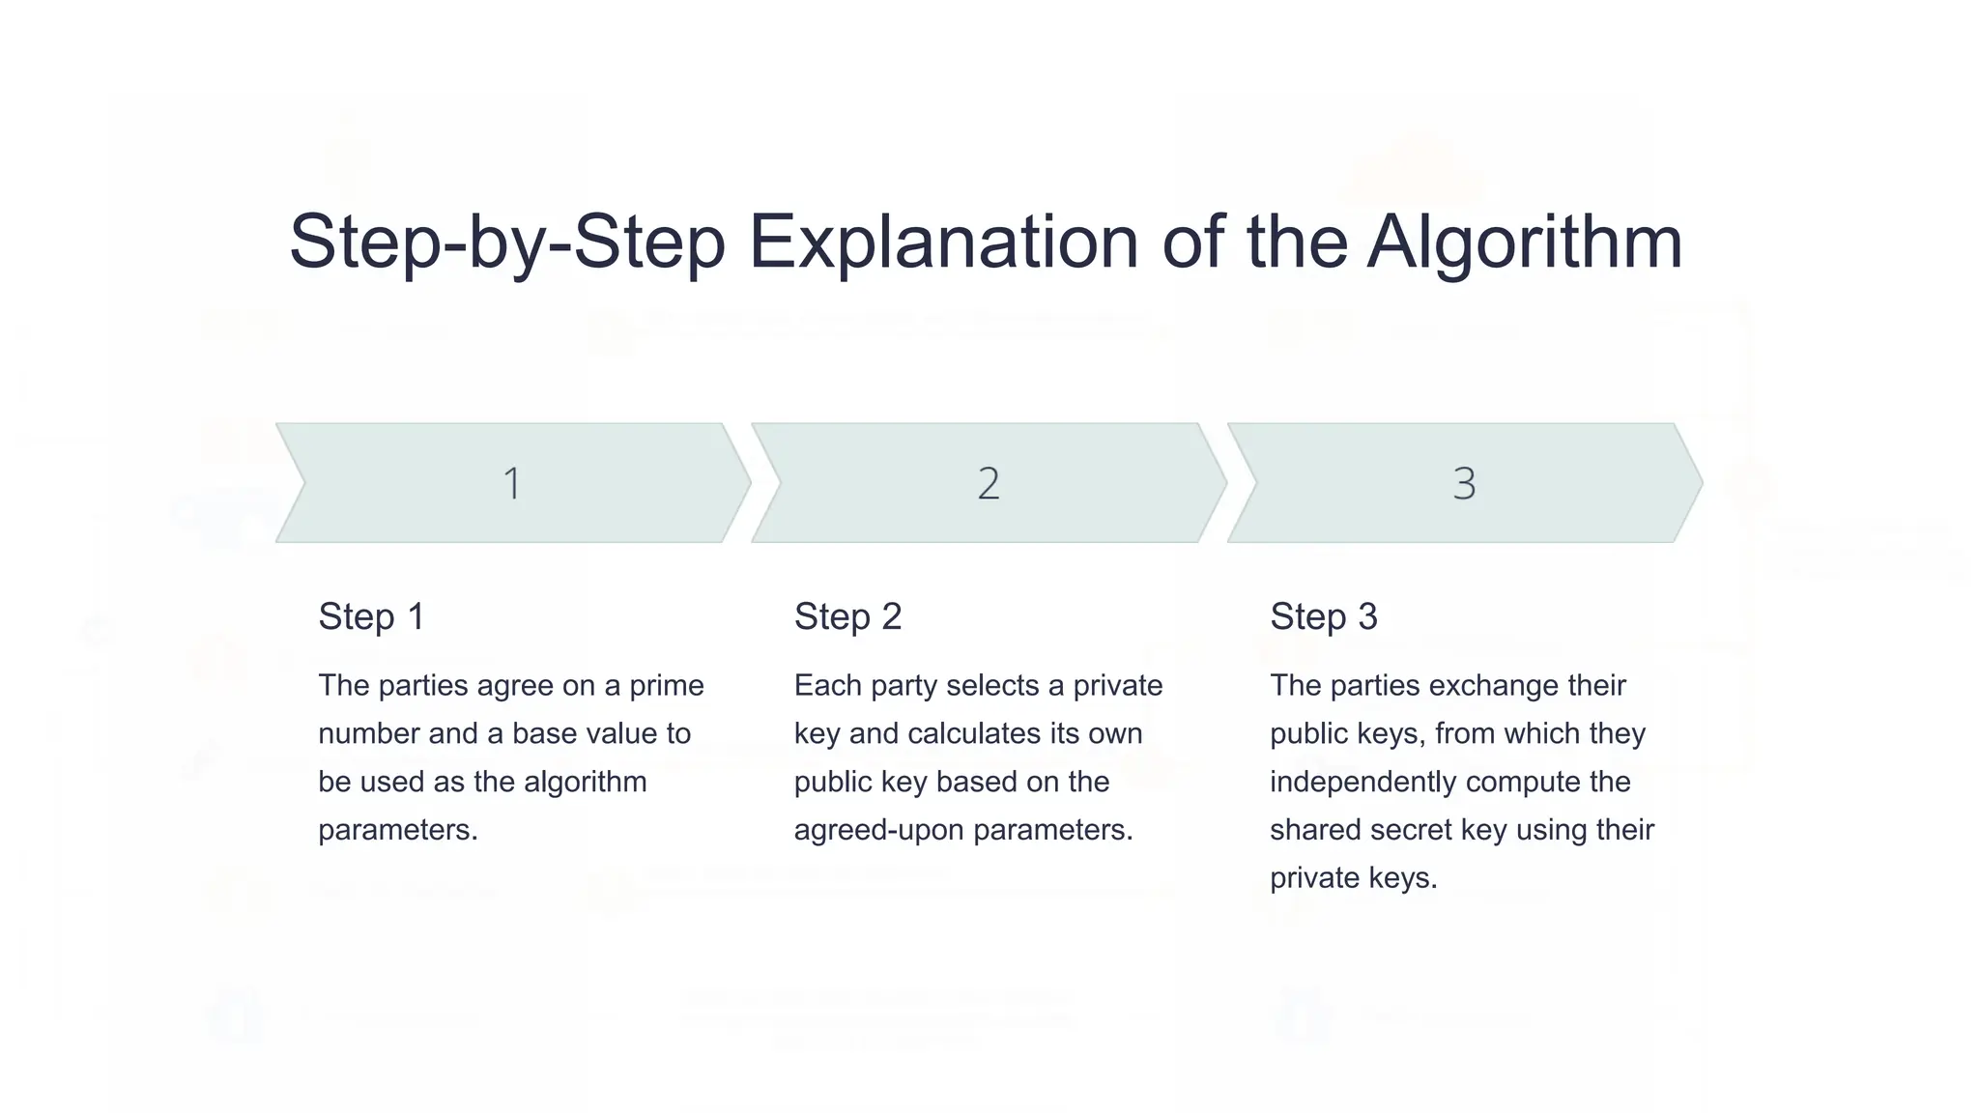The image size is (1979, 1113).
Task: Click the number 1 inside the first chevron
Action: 512,483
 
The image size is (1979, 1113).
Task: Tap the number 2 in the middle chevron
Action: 988,483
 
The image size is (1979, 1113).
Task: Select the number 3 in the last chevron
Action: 1464,483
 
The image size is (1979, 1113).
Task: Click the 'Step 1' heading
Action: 371,616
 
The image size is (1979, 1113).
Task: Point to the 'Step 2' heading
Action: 847,616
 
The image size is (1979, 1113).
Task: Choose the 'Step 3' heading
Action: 1323,616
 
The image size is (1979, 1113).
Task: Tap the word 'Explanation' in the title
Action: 943,242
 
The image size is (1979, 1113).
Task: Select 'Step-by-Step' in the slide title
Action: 507,242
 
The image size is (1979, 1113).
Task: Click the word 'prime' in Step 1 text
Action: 667,685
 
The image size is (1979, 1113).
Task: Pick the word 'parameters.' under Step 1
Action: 398,830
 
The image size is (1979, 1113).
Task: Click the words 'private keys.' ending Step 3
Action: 1353,878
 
